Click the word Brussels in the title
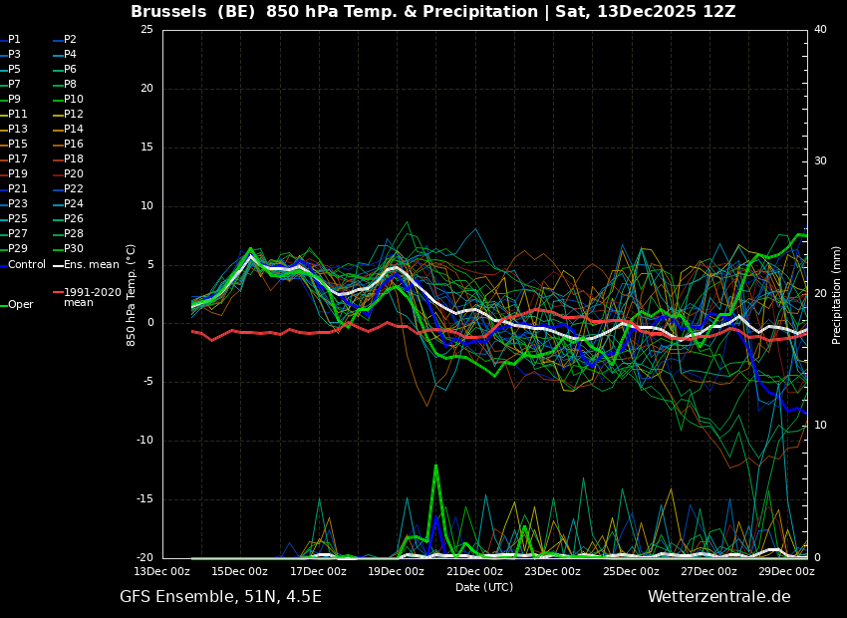(166, 12)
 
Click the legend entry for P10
(73, 100)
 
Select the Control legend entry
(26, 265)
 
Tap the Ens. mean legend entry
(91, 265)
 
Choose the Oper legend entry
(20, 305)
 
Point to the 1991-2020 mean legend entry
(92, 297)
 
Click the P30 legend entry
(73, 249)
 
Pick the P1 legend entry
(14, 40)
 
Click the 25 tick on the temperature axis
(146, 30)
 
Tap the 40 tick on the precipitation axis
(820, 30)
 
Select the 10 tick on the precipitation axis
(820, 426)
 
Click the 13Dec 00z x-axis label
(162, 572)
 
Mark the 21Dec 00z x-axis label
(474, 572)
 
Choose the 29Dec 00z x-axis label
(786, 572)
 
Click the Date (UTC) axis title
(484, 588)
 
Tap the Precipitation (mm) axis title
(837, 295)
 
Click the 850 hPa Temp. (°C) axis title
(132, 295)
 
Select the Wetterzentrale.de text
(718, 597)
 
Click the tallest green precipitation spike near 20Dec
(435, 466)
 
